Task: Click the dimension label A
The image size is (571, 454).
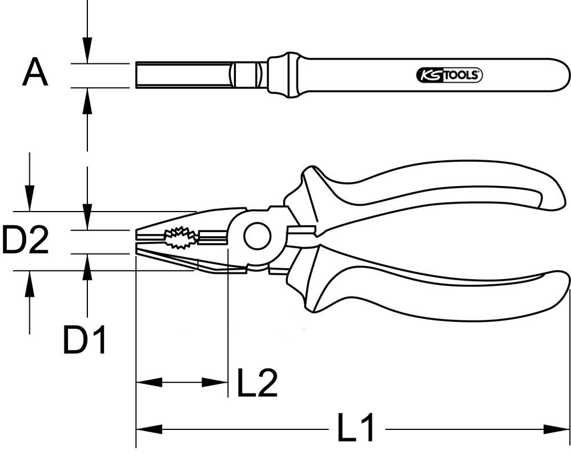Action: (x=35, y=74)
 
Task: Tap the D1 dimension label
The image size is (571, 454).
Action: (x=85, y=340)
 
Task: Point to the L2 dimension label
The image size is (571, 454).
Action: (x=257, y=383)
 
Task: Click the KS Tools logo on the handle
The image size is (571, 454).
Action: (x=447, y=75)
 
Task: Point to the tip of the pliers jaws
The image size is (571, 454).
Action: (x=138, y=241)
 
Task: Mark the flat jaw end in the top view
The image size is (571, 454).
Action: (x=138, y=75)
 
